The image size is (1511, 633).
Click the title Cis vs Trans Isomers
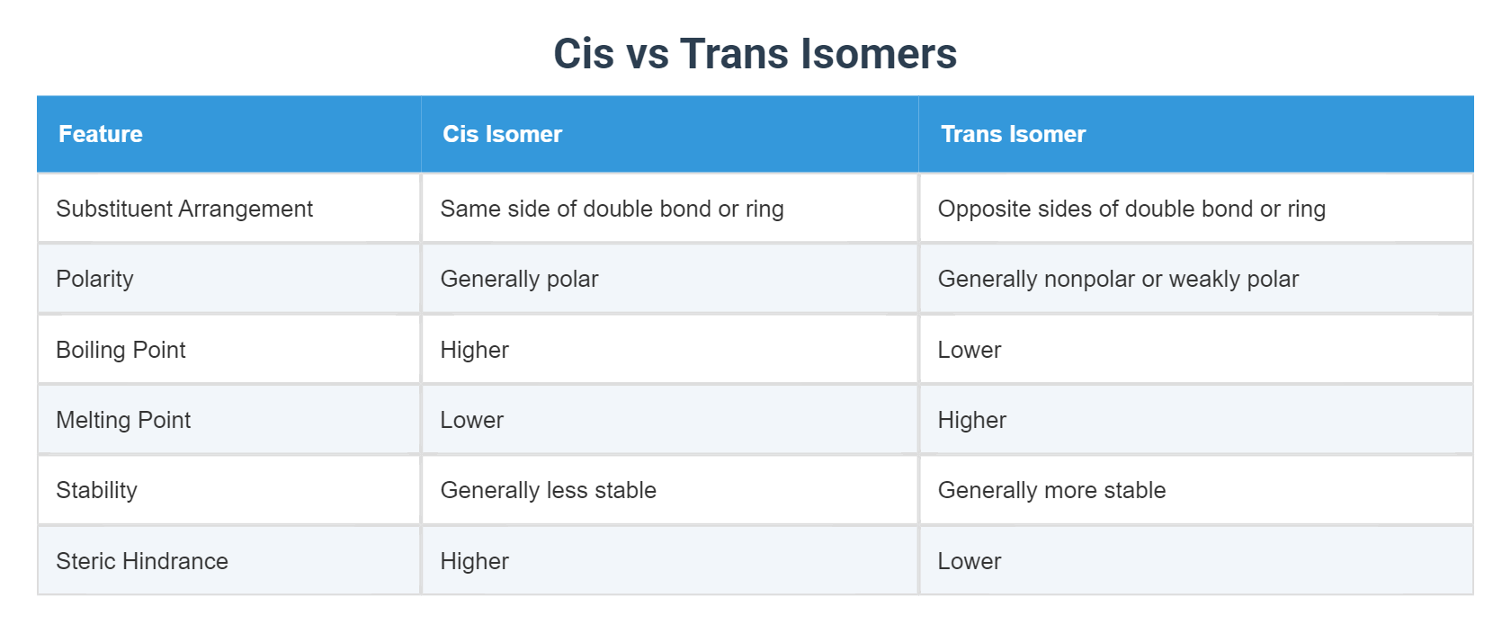[x=755, y=53]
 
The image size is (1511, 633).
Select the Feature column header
[x=101, y=134]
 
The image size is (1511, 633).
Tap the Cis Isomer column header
[x=502, y=134]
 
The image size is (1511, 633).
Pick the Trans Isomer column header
[x=1013, y=134]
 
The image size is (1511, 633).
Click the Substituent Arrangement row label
[x=184, y=209]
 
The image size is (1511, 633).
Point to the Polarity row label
[x=94, y=279]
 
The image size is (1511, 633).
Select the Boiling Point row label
[x=121, y=350]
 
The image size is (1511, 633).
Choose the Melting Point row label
[x=123, y=420]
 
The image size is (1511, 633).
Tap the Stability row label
[x=96, y=490]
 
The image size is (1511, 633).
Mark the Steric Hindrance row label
[x=142, y=561]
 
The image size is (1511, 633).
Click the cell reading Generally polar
[x=519, y=279]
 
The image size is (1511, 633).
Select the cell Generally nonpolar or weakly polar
[x=1118, y=279]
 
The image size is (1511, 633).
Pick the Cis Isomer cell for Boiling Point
[x=474, y=350]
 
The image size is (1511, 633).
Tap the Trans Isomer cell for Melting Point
[x=971, y=420]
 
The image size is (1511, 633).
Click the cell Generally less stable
[x=548, y=490]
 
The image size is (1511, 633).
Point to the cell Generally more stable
[x=1051, y=490]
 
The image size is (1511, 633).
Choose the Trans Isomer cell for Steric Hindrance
[x=969, y=561]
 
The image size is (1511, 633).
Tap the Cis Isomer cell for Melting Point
[x=471, y=420]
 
